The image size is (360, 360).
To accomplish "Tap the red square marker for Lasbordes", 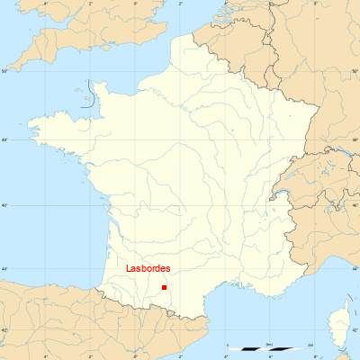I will [164, 287].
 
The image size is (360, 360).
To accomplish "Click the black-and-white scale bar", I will [269, 348].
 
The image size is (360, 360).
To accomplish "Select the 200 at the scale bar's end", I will [310, 344].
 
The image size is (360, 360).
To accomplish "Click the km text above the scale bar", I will [269, 344].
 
